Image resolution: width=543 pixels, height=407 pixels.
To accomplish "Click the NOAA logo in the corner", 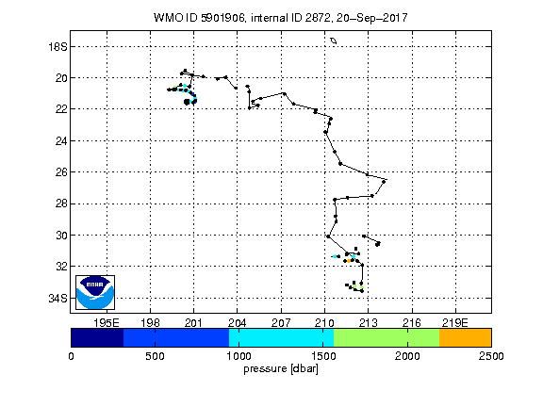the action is [x=95, y=292].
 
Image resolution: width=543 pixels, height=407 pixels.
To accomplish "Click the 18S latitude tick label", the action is [x=58, y=47].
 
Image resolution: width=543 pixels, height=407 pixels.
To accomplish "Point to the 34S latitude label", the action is [x=58, y=299].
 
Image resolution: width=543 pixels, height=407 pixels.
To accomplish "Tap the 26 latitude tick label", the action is [x=61, y=172].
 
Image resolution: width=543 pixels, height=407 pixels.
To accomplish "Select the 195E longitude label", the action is [x=107, y=323].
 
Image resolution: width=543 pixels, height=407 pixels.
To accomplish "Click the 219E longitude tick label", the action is [x=455, y=323].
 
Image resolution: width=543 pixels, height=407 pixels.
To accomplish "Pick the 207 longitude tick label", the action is [x=281, y=323].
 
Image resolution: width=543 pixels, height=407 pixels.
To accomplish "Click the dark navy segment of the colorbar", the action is [x=97, y=338].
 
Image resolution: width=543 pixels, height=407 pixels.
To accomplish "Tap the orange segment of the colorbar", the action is [x=465, y=338].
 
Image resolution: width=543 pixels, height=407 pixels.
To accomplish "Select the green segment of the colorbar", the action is [x=387, y=338].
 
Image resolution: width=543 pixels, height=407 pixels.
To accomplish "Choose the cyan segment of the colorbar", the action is [x=281, y=338].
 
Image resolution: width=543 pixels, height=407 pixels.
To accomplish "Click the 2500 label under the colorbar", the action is [x=491, y=356].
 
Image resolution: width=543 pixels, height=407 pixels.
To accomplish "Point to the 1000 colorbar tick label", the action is [x=239, y=356].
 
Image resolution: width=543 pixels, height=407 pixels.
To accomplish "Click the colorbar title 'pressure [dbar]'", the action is [x=281, y=369].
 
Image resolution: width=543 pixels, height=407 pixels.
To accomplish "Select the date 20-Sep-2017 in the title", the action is [x=371, y=18].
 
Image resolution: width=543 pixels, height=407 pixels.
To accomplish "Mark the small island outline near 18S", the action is [x=334, y=41].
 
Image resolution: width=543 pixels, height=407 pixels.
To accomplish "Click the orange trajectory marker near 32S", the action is [x=349, y=261].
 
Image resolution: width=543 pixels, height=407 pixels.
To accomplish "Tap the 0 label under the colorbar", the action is [x=71, y=356].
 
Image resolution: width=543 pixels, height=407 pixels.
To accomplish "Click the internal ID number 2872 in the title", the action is [x=318, y=18].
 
